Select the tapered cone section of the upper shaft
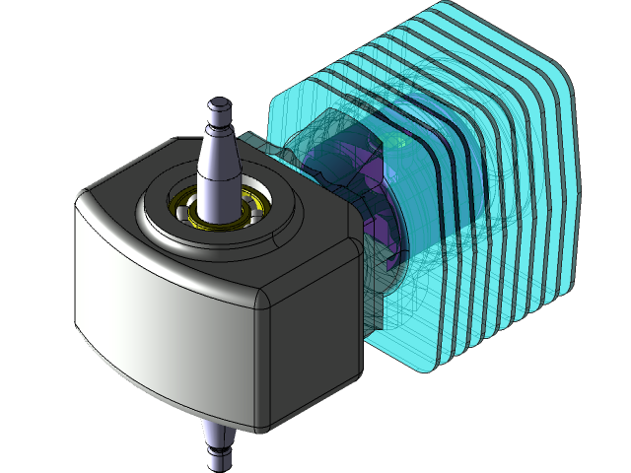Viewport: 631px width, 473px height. click(x=217, y=163)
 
